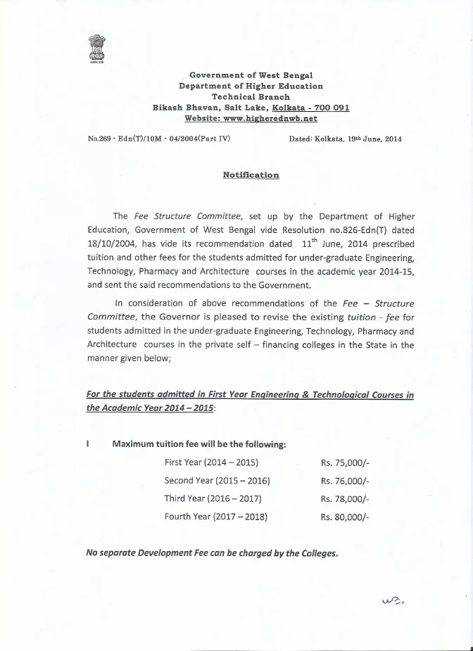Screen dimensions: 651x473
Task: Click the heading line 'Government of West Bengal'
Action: pyautogui.click(x=251, y=75)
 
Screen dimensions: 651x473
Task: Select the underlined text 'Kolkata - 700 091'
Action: pyautogui.click(x=310, y=108)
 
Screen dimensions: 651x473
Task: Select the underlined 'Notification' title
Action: pyautogui.click(x=251, y=175)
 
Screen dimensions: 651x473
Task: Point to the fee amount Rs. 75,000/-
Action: pyautogui.click(x=344, y=462)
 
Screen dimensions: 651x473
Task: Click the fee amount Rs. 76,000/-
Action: pyautogui.click(x=344, y=481)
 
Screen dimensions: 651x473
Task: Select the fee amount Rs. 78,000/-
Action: pyautogui.click(x=344, y=499)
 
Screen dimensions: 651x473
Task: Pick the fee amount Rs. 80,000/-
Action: pyautogui.click(x=344, y=517)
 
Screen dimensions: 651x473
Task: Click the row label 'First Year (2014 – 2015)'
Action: pyautogui.click(x=211, y=462)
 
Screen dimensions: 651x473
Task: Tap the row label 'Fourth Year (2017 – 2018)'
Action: pyautogui.click(x=215, y=517)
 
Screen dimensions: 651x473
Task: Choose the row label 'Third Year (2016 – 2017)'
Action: pyautogui.click(x=213, y=499)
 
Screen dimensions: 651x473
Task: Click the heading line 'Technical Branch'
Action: pyautogui.click(x=251, y=96)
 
